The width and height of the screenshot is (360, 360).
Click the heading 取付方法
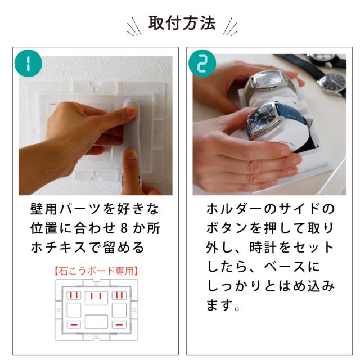[182, 23]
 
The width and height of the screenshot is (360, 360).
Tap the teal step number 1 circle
[28, 63]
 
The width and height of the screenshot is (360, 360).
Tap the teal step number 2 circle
[202, 63]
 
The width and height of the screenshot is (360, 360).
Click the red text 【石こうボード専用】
[97, 271]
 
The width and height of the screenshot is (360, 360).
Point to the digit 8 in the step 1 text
[124, 228]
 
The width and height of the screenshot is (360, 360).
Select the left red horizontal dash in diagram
[74, 325]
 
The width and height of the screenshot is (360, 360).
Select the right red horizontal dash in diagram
[119, 325]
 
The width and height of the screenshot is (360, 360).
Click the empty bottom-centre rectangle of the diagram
[96, 322]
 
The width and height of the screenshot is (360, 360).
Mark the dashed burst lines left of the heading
[134, 27]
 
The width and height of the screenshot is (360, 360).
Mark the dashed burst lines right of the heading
[230, 26]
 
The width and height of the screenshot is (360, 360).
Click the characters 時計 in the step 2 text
[263, 247]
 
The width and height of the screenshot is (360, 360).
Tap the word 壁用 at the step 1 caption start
[44, 209]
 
